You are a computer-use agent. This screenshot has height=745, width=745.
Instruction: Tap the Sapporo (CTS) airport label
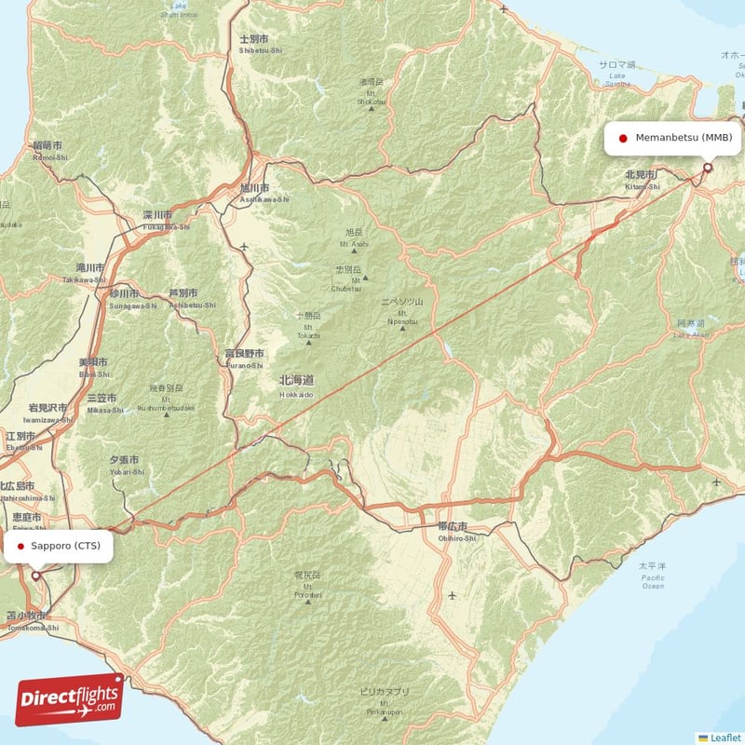(59, 545)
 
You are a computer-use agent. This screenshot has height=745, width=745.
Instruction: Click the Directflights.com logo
(69, 699)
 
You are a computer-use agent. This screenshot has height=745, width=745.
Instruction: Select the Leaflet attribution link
(725, 738)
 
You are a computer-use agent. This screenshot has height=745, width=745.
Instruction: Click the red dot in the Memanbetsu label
(623, 138)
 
